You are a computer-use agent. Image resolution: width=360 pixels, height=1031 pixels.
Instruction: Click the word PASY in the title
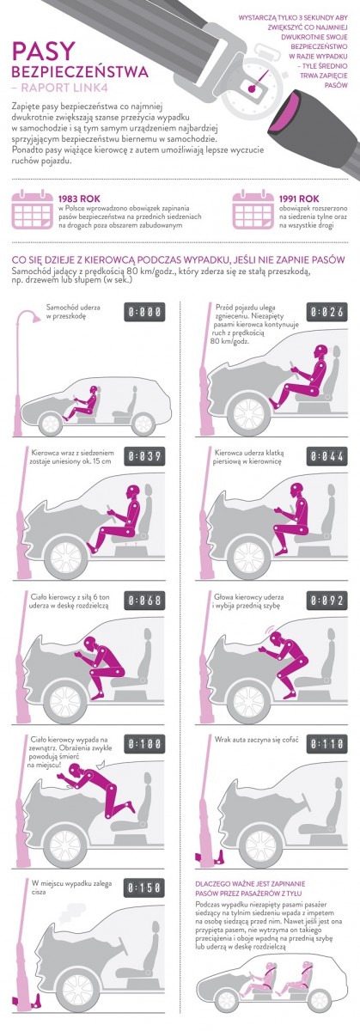coord(43,52)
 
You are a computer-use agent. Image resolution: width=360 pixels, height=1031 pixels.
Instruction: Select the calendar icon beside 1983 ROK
coord(31,210)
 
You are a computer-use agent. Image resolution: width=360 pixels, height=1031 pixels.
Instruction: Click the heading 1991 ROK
coord(298,198)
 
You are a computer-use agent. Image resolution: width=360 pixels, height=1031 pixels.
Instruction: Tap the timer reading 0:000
coord(144,312)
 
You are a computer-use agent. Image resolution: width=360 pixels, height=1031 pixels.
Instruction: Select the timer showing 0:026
coord(326,312)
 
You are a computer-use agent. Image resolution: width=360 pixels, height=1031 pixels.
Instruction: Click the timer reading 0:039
coord(144,456)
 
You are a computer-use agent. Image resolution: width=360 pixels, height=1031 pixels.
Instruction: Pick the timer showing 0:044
coord(326,456)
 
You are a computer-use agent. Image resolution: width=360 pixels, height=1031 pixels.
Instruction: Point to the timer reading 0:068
coord(144,601)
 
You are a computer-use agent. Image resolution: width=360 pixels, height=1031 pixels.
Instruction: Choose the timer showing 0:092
coord(326,601)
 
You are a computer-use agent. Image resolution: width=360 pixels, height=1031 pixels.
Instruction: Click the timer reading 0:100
coord(144,744)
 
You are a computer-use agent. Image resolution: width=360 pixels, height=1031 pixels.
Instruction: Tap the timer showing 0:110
coord(326,744)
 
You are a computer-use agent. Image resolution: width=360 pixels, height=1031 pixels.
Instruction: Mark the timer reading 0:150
coord(144,887)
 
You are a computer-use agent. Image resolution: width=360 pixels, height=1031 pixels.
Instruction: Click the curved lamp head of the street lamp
coord(28,316)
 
